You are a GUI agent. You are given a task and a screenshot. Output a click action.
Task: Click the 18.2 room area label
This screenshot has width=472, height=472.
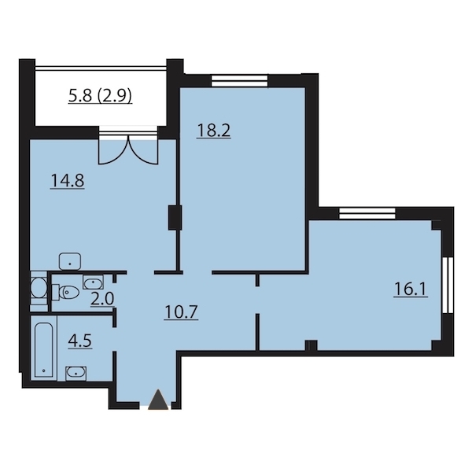[213, 131]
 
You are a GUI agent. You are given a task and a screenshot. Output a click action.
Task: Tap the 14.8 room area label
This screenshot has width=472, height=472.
[67, 181]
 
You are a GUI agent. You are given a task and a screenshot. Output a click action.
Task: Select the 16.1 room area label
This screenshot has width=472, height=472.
[411, 289]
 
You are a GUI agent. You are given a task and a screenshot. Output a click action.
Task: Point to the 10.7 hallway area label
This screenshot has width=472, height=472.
[181, 312]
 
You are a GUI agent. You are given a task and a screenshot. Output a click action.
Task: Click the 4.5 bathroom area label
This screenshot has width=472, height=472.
[79, 341]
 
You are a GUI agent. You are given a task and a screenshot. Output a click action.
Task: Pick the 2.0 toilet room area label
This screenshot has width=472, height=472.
[102, 299]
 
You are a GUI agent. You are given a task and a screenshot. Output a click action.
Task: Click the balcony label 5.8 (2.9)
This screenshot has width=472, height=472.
[100, 96]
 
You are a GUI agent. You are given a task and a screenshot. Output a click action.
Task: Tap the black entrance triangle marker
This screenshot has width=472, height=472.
[158, 399]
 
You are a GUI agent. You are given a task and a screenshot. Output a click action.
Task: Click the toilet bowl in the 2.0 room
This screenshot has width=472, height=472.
[65, 292]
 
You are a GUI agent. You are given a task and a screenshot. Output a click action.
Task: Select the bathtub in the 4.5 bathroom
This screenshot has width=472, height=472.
[44, 349]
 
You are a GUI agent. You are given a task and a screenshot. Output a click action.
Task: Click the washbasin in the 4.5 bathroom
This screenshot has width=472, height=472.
[76, 373]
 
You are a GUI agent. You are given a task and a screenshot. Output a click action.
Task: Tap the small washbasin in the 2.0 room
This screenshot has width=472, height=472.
[94, 282]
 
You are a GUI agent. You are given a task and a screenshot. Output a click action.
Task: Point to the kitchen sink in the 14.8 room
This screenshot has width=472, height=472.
[70, 262]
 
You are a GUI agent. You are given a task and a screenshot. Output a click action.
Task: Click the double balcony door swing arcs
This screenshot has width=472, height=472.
[128, 150]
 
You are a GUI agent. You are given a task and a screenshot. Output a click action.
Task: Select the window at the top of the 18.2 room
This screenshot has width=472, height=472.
[240, 81]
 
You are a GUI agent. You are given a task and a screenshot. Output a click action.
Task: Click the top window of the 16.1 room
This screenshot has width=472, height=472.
[367, 214]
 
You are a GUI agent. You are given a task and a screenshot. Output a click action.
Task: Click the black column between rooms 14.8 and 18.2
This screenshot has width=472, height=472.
[175, 218]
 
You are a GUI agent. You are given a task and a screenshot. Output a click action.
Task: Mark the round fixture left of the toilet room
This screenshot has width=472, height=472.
[39, 288]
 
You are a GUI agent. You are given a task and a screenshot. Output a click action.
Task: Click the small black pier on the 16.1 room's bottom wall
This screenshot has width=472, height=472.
[311, 345]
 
